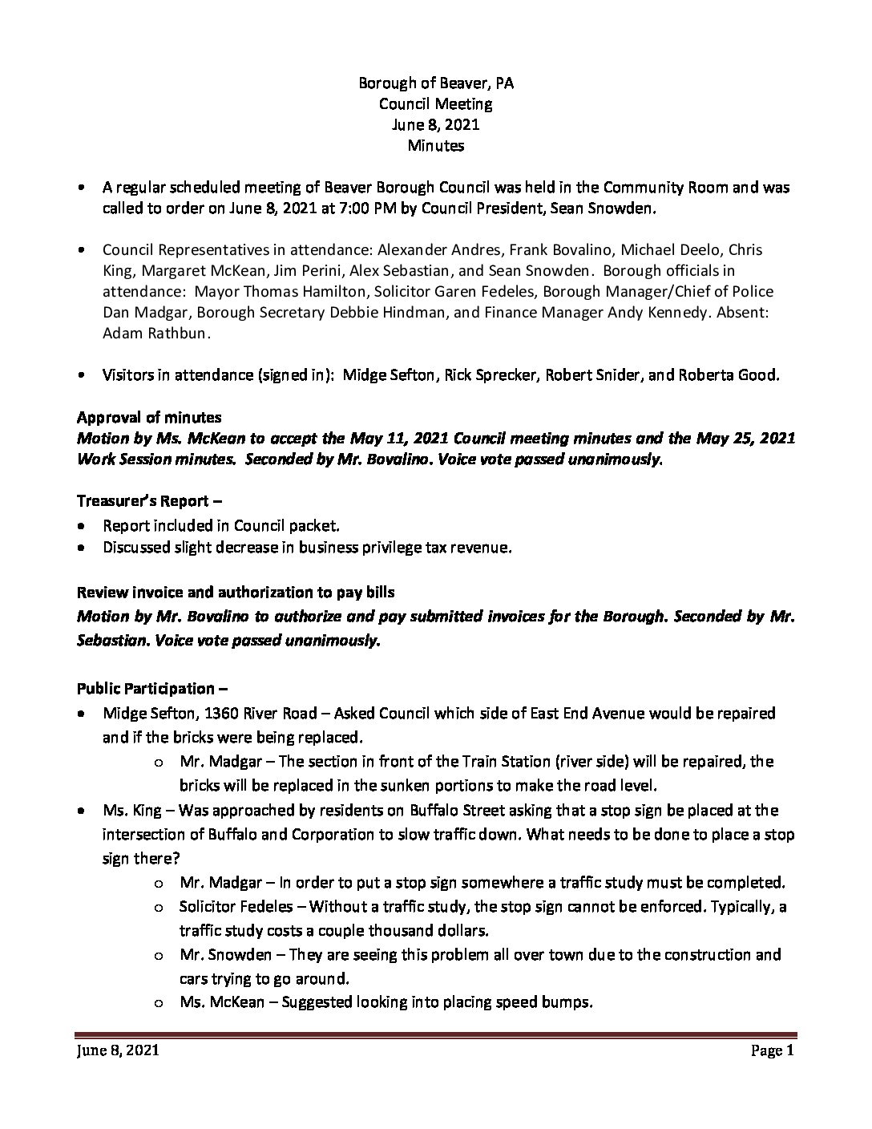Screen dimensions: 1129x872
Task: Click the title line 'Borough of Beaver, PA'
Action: coord(435,83)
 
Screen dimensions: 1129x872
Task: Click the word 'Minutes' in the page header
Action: coord(435,145)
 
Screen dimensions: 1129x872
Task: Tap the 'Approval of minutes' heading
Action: coord(149,417)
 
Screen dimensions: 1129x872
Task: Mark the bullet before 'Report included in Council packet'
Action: coord(83,526)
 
